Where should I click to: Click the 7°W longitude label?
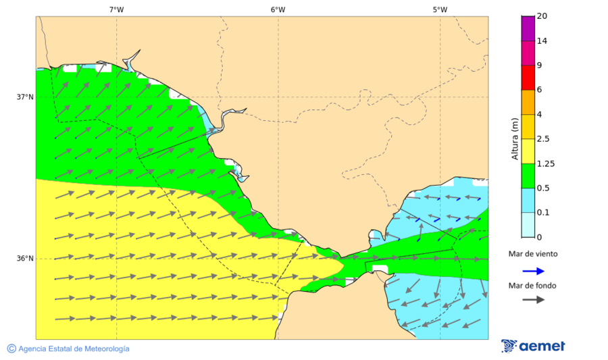coord(116,9)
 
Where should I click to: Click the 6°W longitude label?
coord(278,9)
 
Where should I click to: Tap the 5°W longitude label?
coord(440,9)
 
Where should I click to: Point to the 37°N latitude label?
coord(25,97)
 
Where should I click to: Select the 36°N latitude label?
coord(25,259)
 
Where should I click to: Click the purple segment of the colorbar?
coord(528,28)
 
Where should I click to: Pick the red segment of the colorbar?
coord(528,78)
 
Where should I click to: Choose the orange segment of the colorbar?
coord(528,102)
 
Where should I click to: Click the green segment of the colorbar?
coord(528,176)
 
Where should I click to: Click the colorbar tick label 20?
coord(541,16)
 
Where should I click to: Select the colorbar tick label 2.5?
coord(543,139)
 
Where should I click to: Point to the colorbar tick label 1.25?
coord(545,163)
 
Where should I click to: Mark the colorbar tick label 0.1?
coord(543,213)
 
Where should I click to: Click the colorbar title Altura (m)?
coord(515,138)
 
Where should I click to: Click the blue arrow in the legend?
coord(533,271)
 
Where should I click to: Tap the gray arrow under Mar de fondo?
coord(533,299)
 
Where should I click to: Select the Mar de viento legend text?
coord(533,254)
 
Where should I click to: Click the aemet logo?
coord(533,346)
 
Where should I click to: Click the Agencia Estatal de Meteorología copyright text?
coord(68,349)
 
